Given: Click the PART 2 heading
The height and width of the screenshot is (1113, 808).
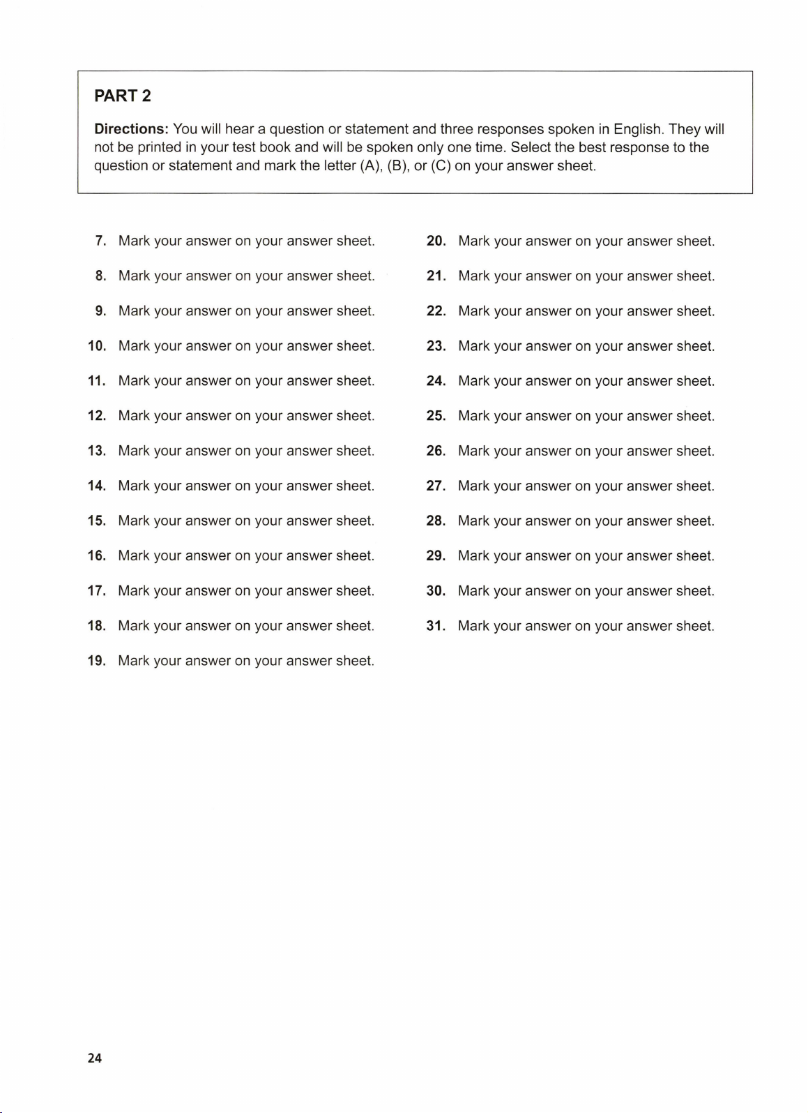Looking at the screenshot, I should [123, 96].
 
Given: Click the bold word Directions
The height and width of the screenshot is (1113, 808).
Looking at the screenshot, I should [131, 129].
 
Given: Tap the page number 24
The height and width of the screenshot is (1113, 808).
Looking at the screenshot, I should [95, 1058].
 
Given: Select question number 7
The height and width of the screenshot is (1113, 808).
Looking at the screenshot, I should [101, 241].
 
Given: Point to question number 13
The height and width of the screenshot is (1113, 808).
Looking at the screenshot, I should [97, 451].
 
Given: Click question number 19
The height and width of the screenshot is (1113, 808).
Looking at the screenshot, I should [97, 661].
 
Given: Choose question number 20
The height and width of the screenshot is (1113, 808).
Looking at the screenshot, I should [436, 241].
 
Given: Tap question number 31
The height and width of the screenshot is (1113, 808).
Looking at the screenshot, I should [436, 626].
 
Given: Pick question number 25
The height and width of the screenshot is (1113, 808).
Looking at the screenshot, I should [436, 416].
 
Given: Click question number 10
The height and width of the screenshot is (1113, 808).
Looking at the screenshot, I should [97, 346].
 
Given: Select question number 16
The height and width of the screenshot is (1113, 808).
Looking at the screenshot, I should [97, 556].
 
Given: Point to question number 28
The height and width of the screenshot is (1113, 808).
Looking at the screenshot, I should [436, 521].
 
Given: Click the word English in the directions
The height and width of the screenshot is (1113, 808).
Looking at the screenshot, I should [637, 129].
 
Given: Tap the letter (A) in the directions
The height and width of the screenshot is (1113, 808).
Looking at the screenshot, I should [371, 166].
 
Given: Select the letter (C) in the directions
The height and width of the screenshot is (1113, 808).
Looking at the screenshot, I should [441, 166].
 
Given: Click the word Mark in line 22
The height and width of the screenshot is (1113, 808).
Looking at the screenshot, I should [474, 311].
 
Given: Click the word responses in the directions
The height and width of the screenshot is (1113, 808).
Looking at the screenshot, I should [510, 129].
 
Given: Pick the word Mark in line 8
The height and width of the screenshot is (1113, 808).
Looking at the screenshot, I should [134, 276].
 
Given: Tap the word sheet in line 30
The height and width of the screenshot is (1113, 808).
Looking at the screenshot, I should [695, 591].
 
